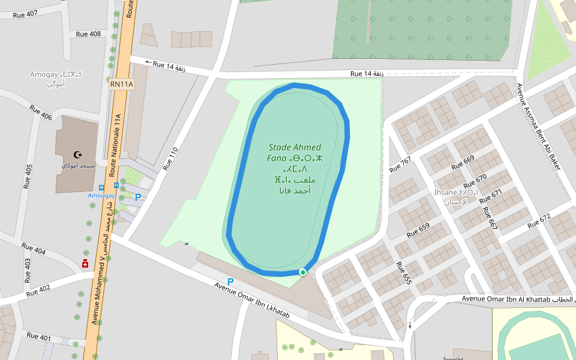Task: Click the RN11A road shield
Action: point(121,85)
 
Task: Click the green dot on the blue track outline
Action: point(303,272)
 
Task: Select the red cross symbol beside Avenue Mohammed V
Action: point(85,263)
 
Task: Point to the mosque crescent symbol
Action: point(77,155)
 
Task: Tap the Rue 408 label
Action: point(88,34)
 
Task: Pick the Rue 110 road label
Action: point(169,157)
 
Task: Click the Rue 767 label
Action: point(400,165)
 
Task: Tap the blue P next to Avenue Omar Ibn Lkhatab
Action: point(230,281)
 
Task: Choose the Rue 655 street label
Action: point(403,272)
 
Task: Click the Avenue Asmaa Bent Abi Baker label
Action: point(538,127)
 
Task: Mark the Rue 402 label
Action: point(37,289)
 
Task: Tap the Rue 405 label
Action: point(28,177)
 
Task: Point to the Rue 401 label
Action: point(39,337)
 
